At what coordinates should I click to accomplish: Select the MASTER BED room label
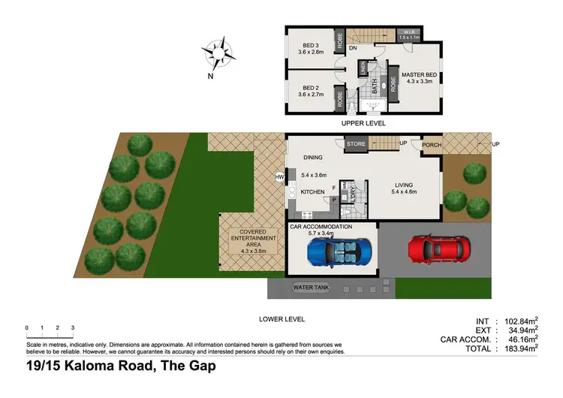click(419, 75)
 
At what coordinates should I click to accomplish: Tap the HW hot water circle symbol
click(280, 177)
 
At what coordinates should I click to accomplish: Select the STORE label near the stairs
click(355, 144)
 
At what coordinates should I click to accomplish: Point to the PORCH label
click(432, 145)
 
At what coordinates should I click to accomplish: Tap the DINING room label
click(313, 158)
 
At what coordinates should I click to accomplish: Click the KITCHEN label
click(313, 192)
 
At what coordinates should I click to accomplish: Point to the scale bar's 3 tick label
click(73, 328)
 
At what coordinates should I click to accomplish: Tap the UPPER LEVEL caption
click(363, 122)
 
